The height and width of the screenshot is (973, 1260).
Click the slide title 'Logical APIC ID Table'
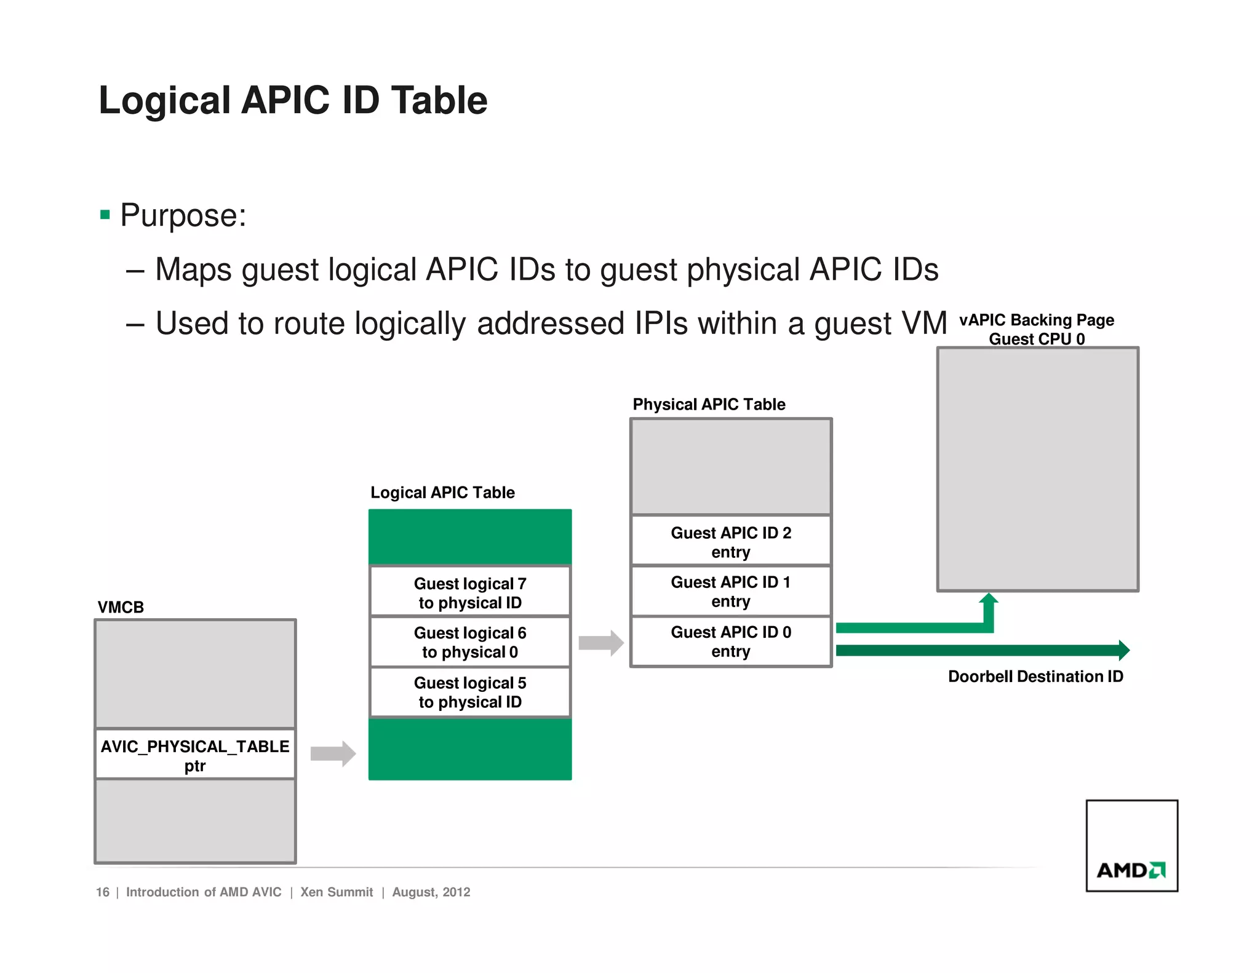[293, 100]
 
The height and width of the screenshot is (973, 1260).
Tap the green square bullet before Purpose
[105, 215]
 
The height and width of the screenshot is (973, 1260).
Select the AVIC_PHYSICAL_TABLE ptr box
[195, 755]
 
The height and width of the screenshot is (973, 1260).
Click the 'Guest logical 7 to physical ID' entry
[470, 592]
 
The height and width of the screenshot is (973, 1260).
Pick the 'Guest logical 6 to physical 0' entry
[470, 642]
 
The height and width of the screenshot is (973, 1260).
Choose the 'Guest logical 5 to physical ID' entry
[470, 692]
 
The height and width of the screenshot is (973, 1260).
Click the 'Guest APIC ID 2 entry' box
[731, 541]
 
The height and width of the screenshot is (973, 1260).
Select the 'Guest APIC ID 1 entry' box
[731, 591]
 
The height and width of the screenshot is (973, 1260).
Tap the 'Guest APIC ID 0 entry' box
[731, 641]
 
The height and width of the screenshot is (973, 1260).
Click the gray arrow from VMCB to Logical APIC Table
[333, 753]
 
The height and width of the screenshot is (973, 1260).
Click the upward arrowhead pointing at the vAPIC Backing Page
[988, 600]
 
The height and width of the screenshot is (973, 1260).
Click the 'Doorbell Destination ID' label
[1035, 677]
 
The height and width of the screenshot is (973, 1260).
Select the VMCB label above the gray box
[121, 607]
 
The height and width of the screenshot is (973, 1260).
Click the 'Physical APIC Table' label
[709, 404]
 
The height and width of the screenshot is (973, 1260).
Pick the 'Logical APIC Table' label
[442, 492]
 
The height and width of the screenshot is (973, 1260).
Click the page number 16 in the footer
[103, 892]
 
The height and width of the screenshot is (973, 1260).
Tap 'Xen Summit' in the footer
[337, 892]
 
